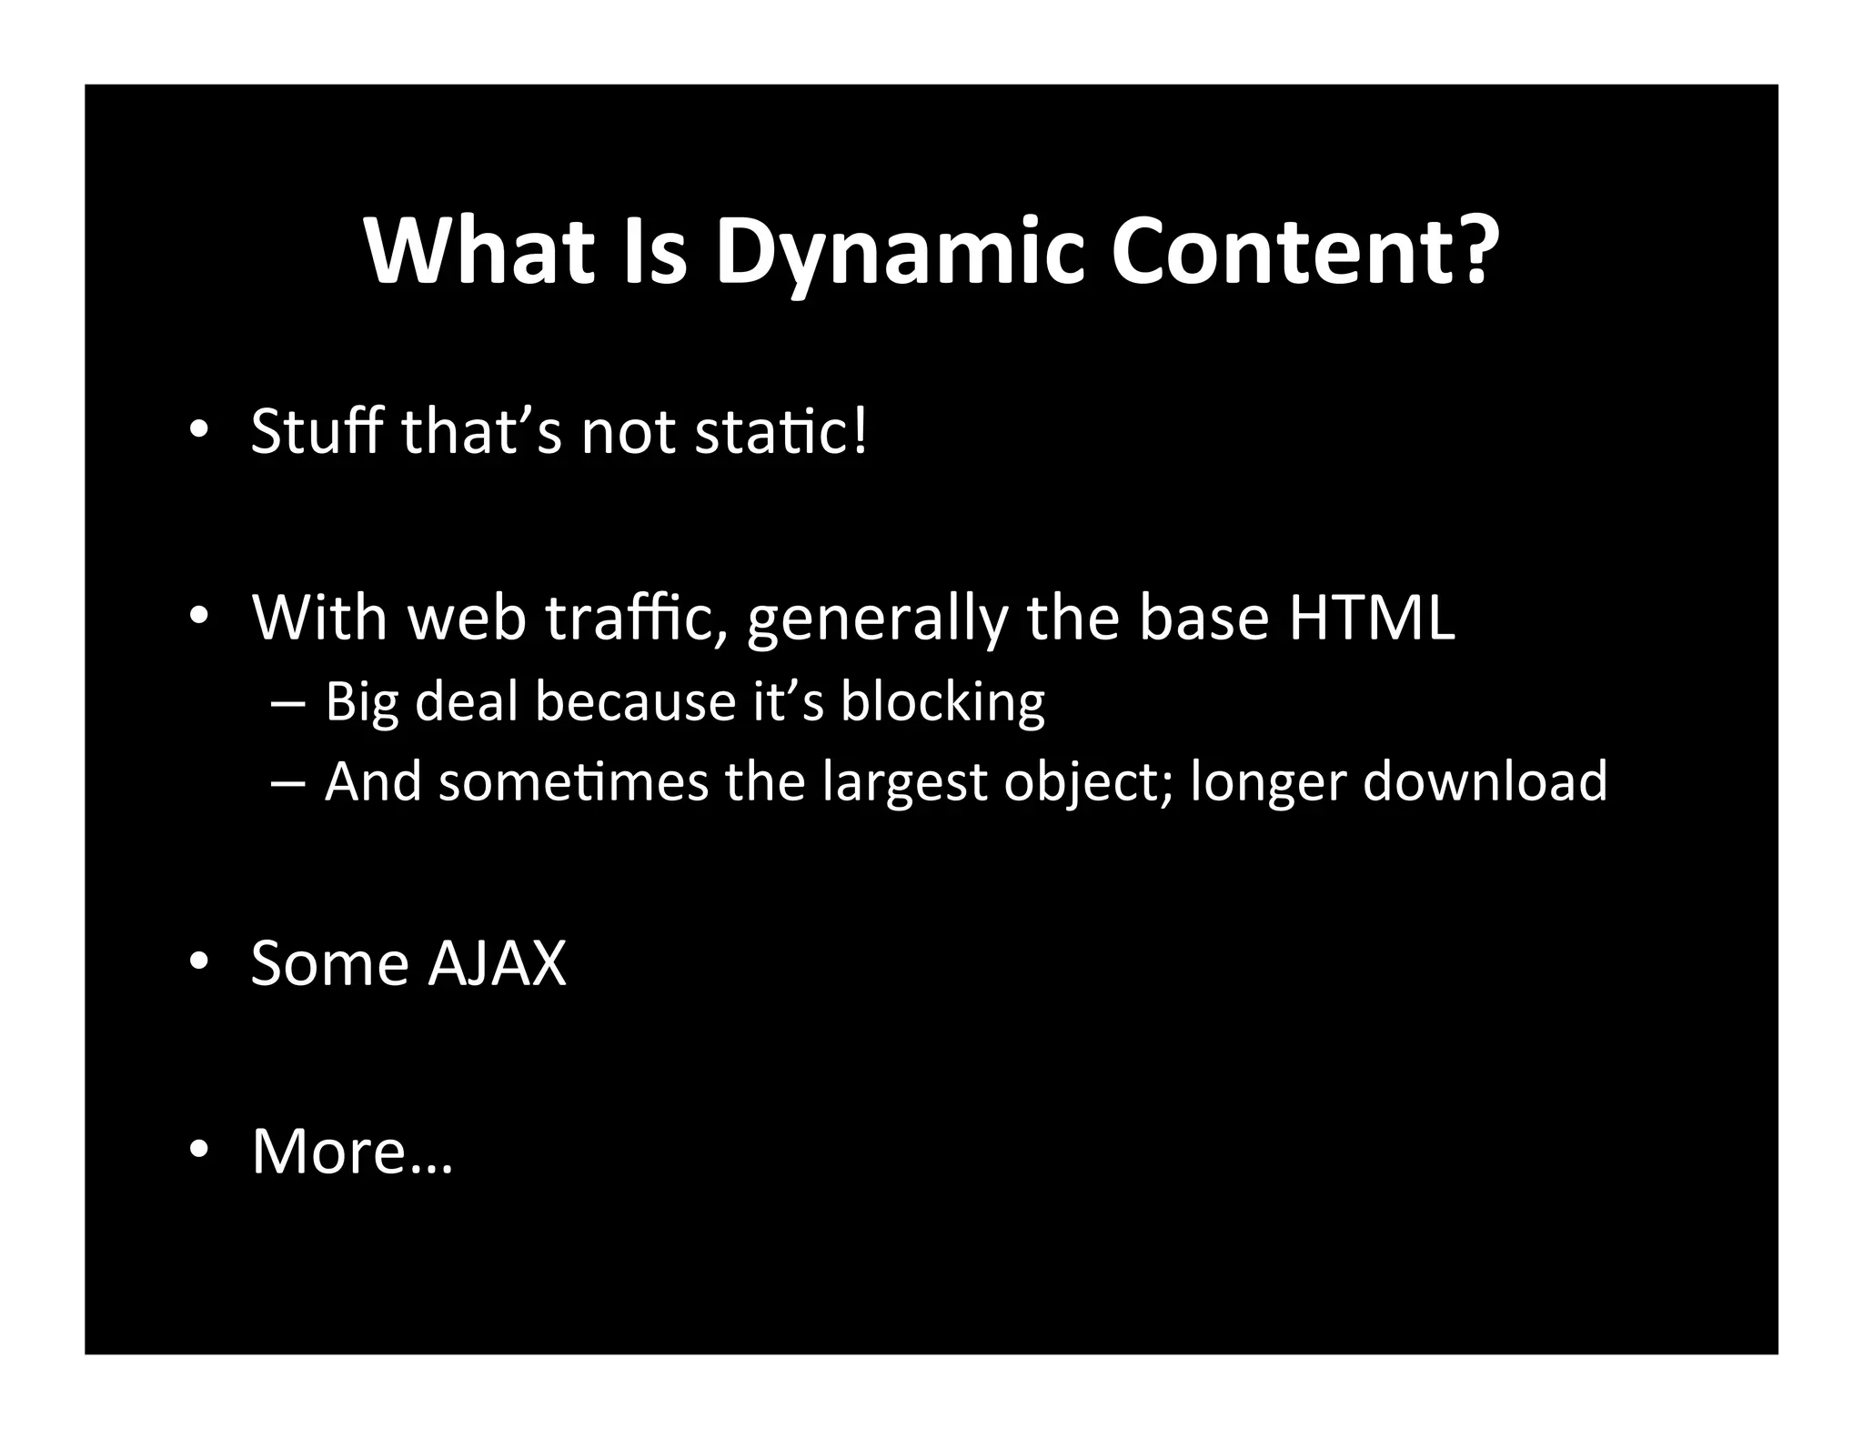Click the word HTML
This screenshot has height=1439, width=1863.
tap(1371, 618)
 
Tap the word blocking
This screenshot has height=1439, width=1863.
tap(942, 702)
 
